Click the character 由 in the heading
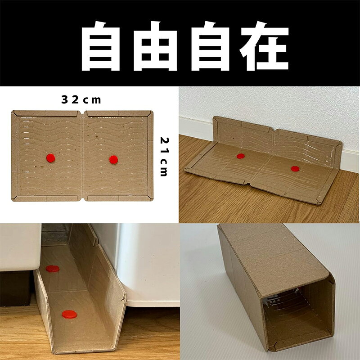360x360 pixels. (x=155, y=46)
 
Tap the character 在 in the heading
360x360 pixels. (x=264, y=46)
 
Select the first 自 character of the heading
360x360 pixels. (x=101, y=46)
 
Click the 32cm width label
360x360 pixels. (x=81, y=99)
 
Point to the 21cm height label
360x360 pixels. (x=164, y=157)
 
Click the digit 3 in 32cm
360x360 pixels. (x=65, y=99)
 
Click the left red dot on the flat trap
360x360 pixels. (x=50, y=158)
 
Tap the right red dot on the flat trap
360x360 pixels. (x=113, y=160)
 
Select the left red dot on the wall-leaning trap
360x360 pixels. (x=241, y=156)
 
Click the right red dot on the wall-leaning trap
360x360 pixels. (x=295, y=169)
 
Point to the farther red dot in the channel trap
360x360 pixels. (x=52, y=269)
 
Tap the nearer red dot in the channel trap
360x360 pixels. (x=69, y=314)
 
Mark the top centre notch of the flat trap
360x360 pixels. (x=82, y=113)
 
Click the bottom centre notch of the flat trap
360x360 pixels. (x=82, y=199)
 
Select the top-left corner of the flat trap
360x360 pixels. (x=12, y=111)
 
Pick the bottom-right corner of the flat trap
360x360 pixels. (x=152, y=200)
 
